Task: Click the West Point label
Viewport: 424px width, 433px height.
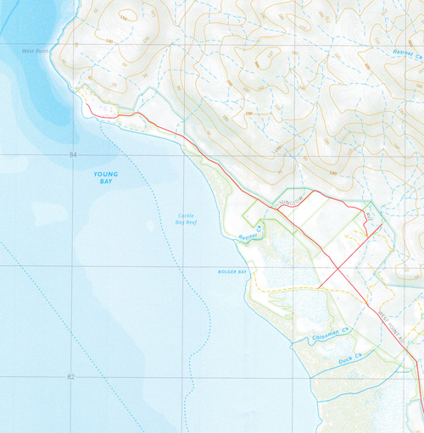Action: pyautogui.click(x=34, y=50)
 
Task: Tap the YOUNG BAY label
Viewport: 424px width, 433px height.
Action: pyautogui.click(x=106, y=177)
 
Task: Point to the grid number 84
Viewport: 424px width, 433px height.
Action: pyautogui.click(x=74, y=155)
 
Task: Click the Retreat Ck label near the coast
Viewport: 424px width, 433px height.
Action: pyautogui.click(x=248, y=226)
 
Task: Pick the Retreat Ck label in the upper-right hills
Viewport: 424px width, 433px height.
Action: pyautogui.click(x=405, y=53)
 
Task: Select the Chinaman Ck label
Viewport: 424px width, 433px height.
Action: pyautogui.click(x=316, y=336)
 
